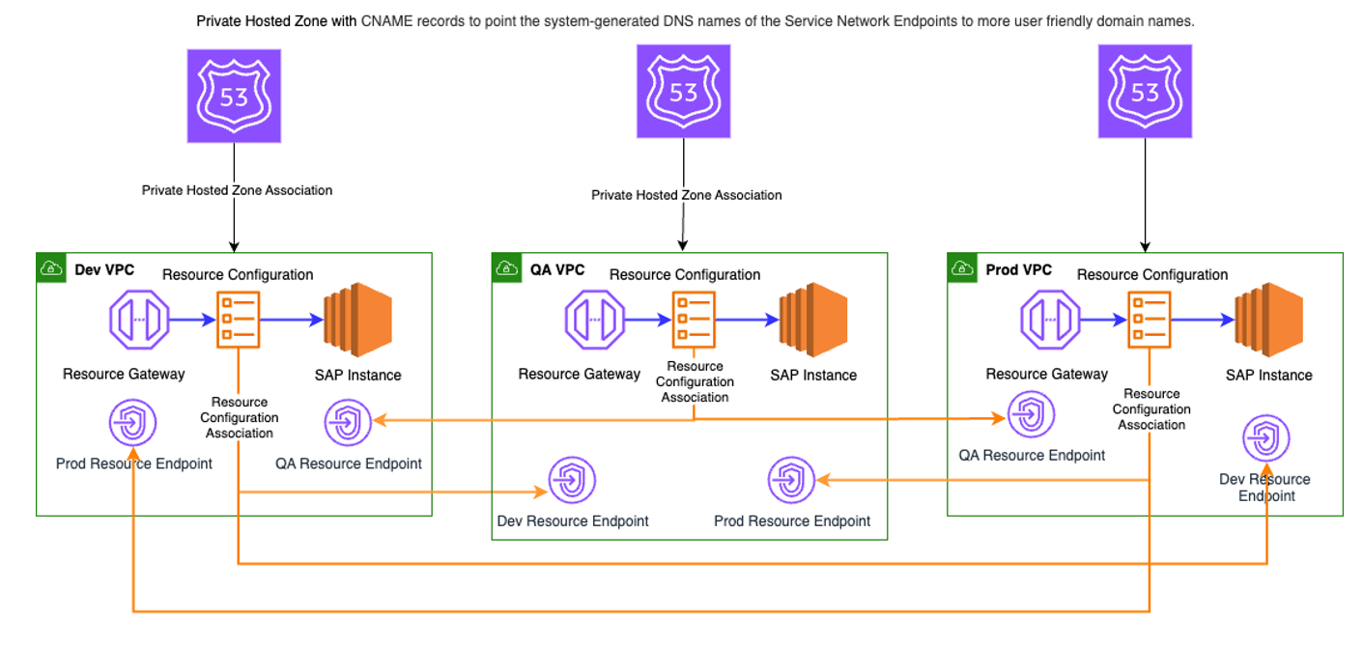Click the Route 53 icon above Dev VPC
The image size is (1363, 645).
point(234,97)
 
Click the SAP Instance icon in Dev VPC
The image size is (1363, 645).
point(357,318)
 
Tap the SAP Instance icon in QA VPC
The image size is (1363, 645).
point(813,318)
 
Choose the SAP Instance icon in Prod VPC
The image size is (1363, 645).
point(1268,318)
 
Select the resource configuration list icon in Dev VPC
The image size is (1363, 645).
point(238,318)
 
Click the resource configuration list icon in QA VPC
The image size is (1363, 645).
point(694,319)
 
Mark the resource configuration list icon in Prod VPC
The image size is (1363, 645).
point(1150,319)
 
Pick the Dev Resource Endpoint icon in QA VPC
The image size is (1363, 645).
point(572,480)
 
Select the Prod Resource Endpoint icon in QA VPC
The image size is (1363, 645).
point(792,480)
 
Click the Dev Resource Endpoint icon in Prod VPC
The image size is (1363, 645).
point(1266,439)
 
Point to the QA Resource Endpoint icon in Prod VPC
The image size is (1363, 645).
point(1031,415)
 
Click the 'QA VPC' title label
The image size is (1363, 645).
point(557,269)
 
